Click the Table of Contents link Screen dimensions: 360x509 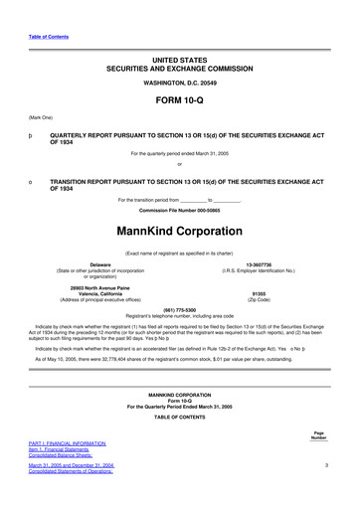click(39, 37)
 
